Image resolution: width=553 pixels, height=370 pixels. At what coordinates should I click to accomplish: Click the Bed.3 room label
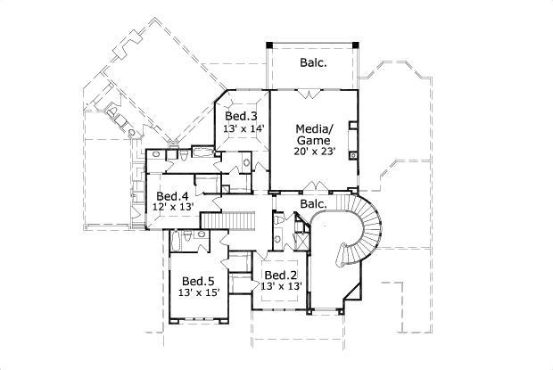(x=241, y=117)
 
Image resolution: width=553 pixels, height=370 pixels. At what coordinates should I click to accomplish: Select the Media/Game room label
(x=313, y=135)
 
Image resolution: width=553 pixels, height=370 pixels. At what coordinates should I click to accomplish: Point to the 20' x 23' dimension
(x=313, y=152)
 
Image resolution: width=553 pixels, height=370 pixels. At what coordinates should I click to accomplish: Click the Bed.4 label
(x=172, y=196)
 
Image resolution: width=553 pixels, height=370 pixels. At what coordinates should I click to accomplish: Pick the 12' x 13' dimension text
(x=173, y=207)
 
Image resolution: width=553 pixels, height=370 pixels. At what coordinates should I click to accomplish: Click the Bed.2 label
(x=280, y=275)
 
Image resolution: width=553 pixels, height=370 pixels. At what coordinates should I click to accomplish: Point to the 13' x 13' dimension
(x=280, y=286)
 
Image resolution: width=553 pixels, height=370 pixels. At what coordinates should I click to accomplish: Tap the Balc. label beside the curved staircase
(x=313, y=204)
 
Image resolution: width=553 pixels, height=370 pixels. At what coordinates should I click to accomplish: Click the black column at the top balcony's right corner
(x=356, y=44)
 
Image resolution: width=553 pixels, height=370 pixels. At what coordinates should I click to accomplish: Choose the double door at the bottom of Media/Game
(x=315, y=186)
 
